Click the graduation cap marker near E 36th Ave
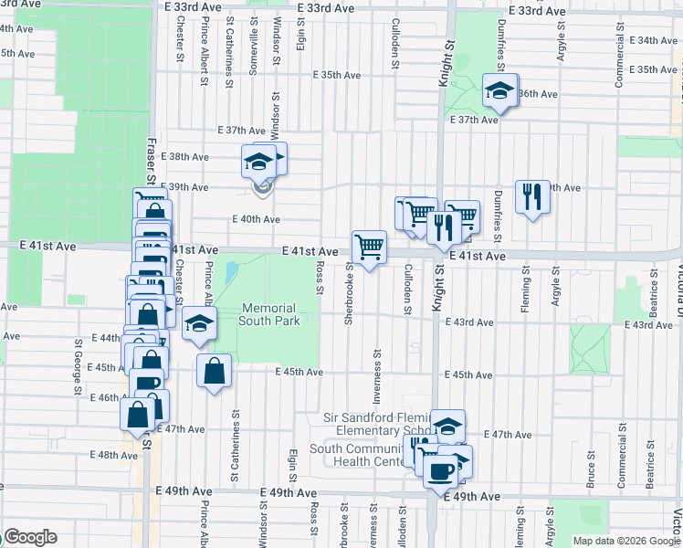coord(499,90)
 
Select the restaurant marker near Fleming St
coord(531,196)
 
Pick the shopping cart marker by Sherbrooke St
coord(369,247)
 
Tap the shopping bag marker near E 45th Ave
coord(213,372)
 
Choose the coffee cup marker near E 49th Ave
coord(440,472)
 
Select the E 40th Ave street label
coord(256,219)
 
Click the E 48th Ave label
coord(113,455)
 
